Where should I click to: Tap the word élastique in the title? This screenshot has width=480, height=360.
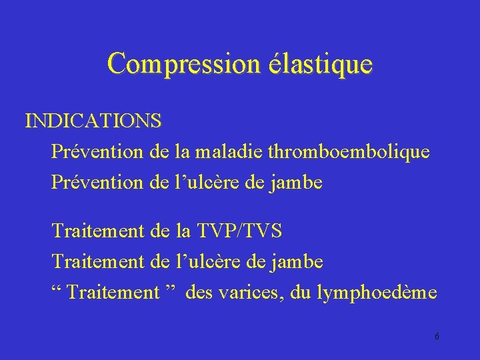pyautogui.click(x=319, y=64)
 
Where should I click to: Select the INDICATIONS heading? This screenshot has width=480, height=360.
pyautogui.click(x=93, y=121)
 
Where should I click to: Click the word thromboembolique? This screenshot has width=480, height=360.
pyautogui.click(x=348, y=152)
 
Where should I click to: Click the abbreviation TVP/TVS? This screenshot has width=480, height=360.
pyautogui.click(x=239, y=231)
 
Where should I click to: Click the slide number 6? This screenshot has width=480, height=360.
pyautogui.click(x=437, y=336)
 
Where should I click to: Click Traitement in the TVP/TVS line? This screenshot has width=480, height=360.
pyautogui.click(x=97, y=231)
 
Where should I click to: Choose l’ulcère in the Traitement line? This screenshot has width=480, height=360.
pyautogui.click(x=206, y=261)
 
